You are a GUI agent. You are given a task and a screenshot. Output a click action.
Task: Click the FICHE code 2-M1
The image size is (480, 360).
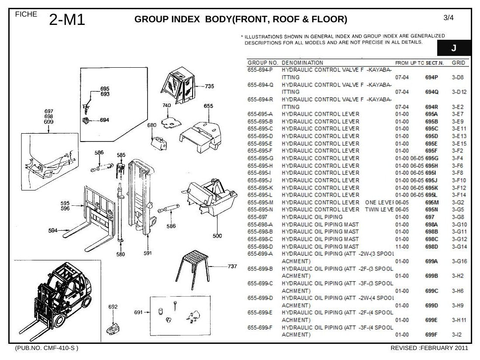coord(67,20)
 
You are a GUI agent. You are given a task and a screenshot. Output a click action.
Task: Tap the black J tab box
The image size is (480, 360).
coord(454,48)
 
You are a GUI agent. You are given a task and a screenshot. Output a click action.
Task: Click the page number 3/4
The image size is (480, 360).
coord(449,18)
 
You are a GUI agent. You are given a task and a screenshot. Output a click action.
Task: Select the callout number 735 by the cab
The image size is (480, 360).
coord(209,87)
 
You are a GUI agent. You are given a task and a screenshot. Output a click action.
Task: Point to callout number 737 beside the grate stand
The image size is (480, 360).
coord(232,267)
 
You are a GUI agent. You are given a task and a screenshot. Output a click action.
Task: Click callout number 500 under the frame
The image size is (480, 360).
coord(218,236)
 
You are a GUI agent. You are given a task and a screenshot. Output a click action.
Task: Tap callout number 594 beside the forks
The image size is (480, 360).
coord(53,230)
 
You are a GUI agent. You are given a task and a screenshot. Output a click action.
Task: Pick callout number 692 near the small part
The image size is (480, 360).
coord(113,307)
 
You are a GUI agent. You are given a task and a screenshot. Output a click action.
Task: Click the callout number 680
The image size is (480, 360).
coord(152,125)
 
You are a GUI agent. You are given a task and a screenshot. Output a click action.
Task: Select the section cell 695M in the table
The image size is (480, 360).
coord(432,202)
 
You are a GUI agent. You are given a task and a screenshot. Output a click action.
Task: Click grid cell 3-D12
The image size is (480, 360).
coord(459,92)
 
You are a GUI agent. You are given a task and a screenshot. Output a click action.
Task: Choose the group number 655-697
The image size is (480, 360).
coord(257,217)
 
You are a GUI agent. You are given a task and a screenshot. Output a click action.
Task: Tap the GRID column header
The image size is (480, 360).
coord(459,63)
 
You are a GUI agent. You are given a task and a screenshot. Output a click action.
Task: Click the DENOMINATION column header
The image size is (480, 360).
coord(302,63)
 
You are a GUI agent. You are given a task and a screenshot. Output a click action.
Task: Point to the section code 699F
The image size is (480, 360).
coord(432,335)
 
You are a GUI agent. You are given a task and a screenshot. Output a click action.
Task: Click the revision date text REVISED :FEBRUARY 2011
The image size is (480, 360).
coord(429,348)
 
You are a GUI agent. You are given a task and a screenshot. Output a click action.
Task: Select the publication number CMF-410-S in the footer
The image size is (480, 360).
coord(55,348)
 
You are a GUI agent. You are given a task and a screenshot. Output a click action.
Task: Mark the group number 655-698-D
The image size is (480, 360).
coord(260,246)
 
